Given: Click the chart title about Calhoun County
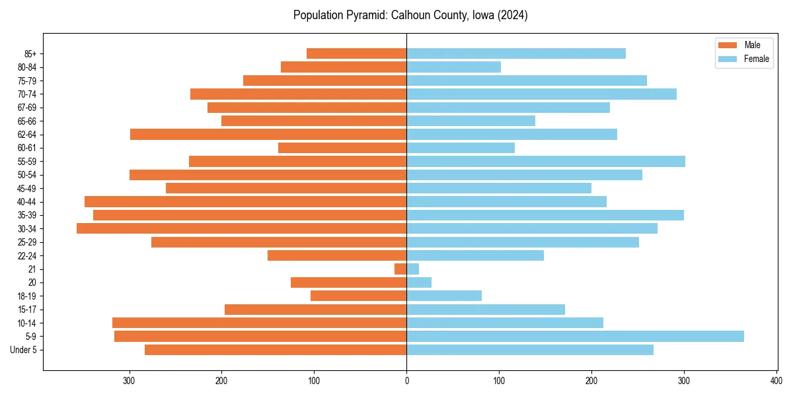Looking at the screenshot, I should (x=410, y=15).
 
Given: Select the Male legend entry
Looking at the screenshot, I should (x=743, y=45).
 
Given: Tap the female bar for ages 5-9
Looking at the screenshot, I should (x=575, y=336).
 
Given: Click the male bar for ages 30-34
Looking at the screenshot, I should (x=242, y=228).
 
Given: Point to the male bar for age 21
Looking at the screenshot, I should (x=400, y=269).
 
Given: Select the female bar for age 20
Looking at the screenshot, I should (x=419, y=282).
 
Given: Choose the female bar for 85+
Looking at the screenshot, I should (x=516, y=53).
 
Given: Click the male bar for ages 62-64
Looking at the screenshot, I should (x=268, y=134).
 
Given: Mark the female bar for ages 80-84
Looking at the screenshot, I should (x=453, y=67).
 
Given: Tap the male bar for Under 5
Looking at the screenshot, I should (x=276, y=350).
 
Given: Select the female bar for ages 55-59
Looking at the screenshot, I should (x=546, y=161).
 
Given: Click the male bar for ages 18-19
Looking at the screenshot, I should (x=358, y=296).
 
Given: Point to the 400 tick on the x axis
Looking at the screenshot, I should (x=776, y=380).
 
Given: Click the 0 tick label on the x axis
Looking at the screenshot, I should (x=406, y=380).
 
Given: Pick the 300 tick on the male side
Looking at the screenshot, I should (x=130, y=380).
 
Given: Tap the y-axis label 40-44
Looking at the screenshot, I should (x=27, y=202).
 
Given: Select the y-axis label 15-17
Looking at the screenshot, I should (x=27, y=310).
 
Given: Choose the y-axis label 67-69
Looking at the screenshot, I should (x=27, y=108).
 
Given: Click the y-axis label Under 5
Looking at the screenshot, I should (x=24, y=350).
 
